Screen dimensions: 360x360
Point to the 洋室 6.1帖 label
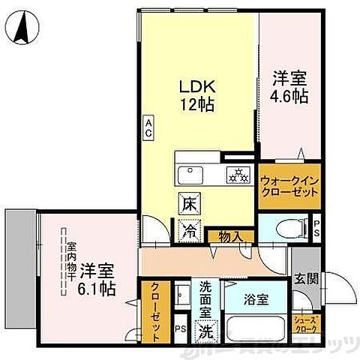97,278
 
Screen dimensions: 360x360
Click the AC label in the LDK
148,127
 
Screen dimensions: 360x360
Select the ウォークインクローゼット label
289,186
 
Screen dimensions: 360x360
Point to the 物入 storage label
229,236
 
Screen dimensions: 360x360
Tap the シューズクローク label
307,324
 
